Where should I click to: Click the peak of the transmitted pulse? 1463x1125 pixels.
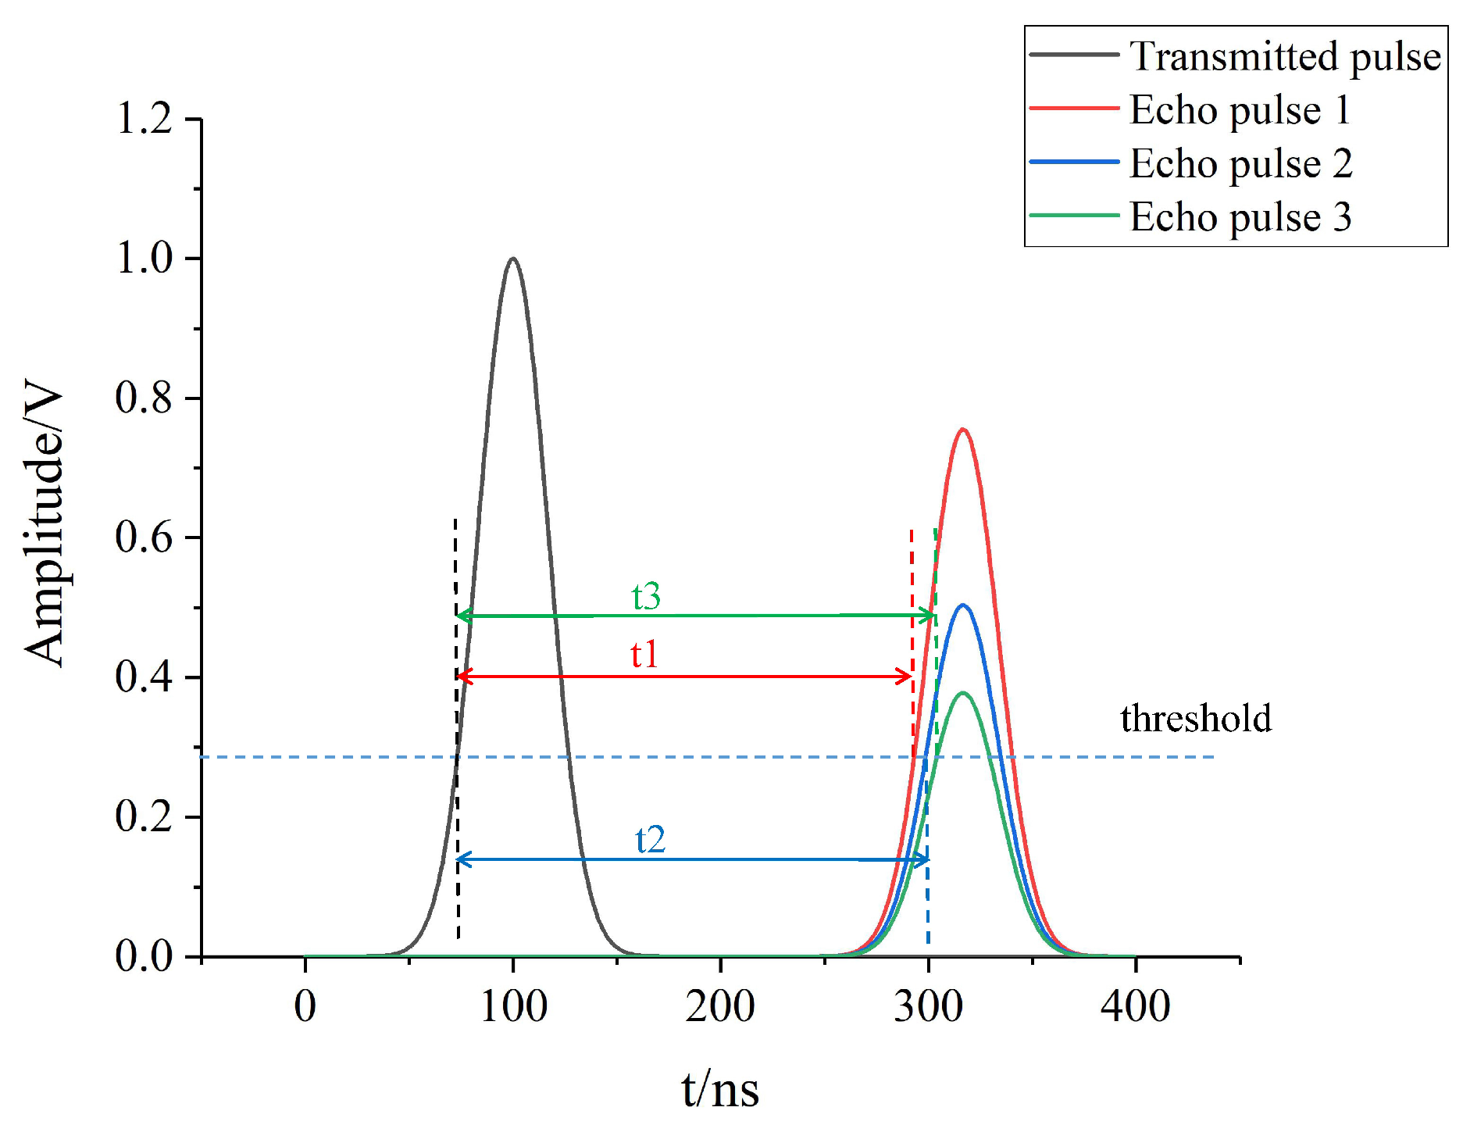tap(512, 259)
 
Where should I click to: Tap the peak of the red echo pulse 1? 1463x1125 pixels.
tap(962, 430)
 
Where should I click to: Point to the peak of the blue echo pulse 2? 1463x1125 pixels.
tap(962, 605)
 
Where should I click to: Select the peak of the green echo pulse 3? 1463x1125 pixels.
tap(962, 693)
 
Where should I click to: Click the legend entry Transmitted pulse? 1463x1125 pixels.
tap(1284, 56)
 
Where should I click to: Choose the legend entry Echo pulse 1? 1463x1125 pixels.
tap(1240, 109)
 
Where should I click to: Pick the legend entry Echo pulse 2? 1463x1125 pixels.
tap(1240, 163)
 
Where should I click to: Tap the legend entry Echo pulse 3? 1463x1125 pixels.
tap(1240, 216)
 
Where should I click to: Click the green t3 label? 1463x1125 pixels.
tap(646, 596)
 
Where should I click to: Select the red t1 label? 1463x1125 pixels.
tap(644, 654)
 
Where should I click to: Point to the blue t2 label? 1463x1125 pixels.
tap(650, 840)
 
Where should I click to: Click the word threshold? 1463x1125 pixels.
tap(1195, 718)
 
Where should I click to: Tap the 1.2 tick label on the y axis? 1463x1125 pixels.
tap(144, 120)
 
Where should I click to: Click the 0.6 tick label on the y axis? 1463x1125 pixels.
tap(144, 537)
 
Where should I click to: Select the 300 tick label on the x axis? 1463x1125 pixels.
tap(928, 1006)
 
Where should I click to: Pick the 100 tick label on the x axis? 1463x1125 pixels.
tap(513, 1006)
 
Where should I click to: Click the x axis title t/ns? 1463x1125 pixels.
tap(719, 1089)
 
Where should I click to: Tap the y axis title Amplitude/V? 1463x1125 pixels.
tap(43, 522)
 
